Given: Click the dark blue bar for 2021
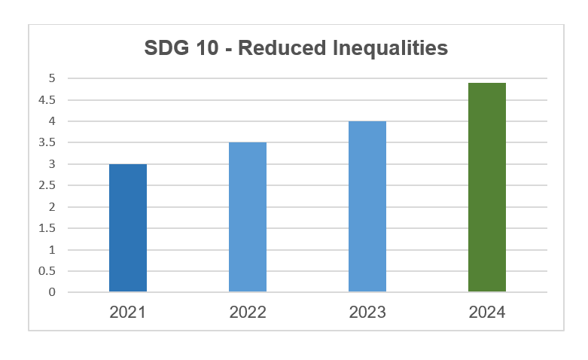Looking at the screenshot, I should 128,227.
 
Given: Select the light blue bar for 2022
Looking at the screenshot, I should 248,217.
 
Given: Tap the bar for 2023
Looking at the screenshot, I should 367,206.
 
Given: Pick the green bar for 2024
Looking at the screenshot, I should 486,187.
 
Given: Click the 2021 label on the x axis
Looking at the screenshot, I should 128,312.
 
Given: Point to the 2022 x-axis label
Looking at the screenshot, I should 248,312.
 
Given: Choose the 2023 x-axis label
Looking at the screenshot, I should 367,312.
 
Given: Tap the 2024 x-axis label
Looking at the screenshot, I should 486,312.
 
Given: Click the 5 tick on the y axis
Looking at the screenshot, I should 52,78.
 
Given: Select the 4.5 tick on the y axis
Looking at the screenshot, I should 47,99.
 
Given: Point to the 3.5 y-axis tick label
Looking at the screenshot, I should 47,142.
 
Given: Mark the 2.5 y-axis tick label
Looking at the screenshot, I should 47,185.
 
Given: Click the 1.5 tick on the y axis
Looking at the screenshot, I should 47,228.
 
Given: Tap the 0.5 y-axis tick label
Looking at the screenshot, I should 47,271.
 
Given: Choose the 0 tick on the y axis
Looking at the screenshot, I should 52,292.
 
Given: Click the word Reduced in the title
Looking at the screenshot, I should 284,49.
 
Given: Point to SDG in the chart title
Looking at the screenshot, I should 166,49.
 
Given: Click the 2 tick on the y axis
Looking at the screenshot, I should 52,207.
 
